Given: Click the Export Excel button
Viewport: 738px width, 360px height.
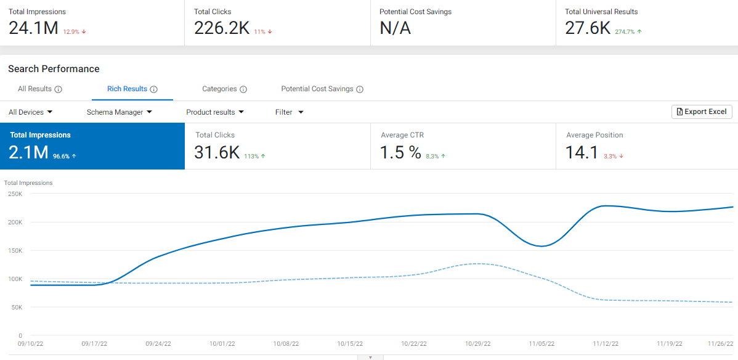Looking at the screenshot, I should click(702, 112).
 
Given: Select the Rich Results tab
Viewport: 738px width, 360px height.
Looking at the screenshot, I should click(127, 89).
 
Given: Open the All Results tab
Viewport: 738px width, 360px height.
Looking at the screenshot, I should click(34, 89).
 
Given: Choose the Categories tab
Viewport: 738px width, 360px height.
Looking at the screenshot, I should click(219, 89).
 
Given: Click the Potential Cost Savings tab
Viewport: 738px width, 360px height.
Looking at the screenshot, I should click(317, 89).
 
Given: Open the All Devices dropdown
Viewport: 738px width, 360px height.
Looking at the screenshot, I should click(30, 112).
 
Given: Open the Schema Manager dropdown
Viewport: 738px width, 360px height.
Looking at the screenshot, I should click(119, 112).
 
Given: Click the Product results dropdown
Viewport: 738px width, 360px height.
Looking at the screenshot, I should click(215, 112).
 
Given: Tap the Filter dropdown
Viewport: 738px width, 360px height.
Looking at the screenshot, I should click(289, 112).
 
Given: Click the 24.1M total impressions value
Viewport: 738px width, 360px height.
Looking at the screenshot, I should click(33, 28).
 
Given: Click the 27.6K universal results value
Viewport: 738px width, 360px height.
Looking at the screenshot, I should click(587, 28).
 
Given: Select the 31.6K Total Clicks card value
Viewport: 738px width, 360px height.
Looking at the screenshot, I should click(216, 153).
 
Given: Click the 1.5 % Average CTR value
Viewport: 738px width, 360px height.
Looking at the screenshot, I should click(400, 153).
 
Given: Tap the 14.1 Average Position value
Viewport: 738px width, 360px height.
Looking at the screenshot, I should click(582, 153).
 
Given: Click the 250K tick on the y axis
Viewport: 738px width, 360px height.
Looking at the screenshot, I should click(15, 194).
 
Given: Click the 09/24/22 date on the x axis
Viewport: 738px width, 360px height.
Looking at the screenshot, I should click(158, 344).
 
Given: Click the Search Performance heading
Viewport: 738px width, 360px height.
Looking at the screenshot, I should click(54, 69).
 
